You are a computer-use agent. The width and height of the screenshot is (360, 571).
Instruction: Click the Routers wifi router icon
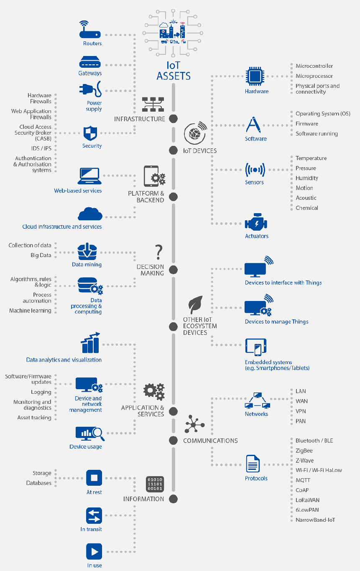90,30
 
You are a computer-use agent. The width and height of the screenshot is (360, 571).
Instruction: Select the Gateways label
90,73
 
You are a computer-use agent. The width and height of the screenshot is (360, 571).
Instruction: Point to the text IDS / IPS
41,148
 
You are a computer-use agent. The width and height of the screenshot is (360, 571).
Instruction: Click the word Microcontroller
314,66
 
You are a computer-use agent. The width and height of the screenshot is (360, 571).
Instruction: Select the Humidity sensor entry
307,178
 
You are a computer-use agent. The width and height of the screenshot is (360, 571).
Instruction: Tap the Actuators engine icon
256,223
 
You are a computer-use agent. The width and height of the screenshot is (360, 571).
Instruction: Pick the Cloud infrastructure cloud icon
90,214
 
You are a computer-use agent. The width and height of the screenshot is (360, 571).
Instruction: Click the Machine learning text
30,311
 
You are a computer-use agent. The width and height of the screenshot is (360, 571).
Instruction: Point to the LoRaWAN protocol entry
307,500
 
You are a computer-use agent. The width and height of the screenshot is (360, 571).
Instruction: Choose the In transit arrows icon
94,516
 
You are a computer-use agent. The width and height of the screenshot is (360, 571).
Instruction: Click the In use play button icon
94,552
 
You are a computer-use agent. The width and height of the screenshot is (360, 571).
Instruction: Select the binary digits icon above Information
155,484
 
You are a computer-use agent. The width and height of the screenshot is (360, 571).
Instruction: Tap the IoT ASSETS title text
174,71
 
